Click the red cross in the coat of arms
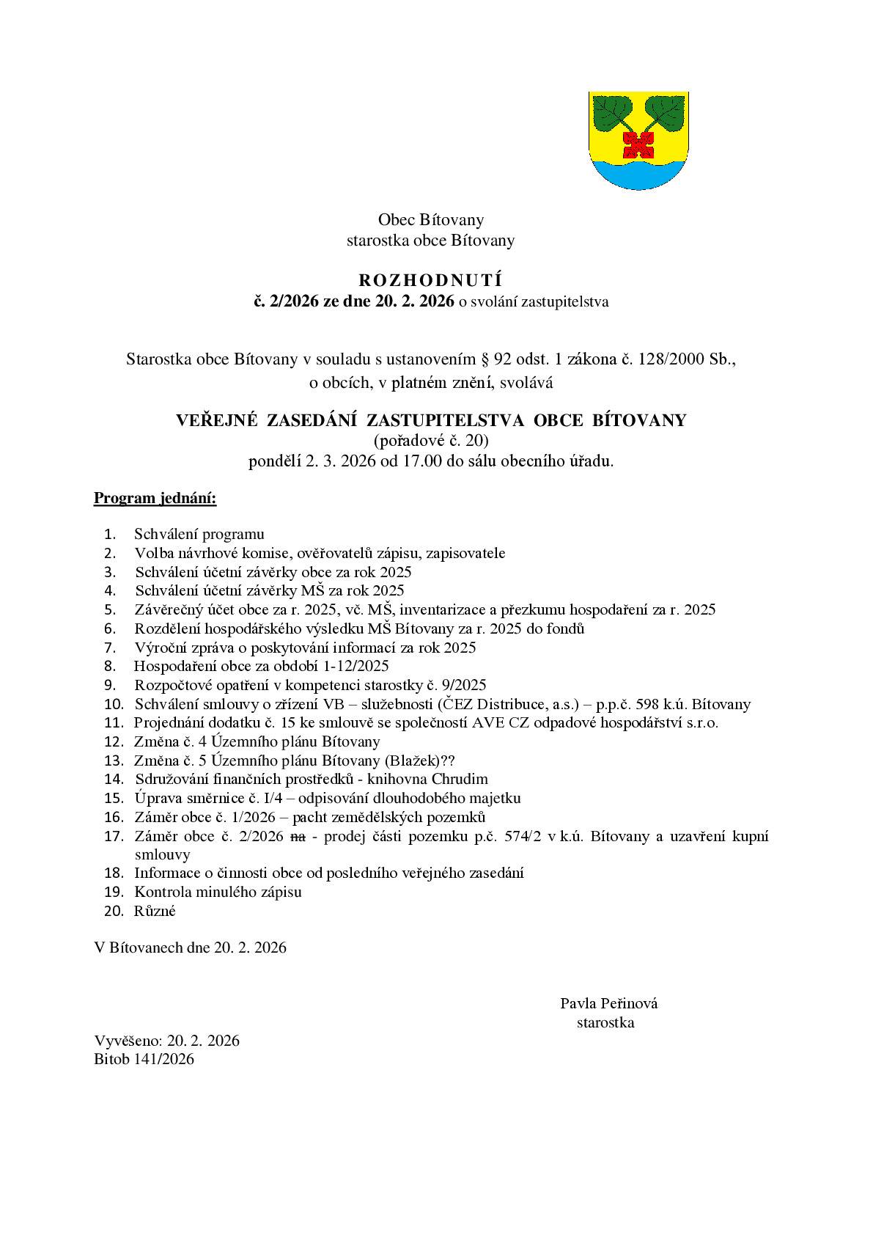[x=638, y=144]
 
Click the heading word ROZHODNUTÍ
[x=430, y=280]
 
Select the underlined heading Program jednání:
[x=155, y=499]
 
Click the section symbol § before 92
[x=484, y=359]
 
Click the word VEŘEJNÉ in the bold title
[x=216, y=420]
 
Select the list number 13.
[x=114, y=761]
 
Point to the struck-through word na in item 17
[x=298, y=836]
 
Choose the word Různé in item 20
[x=155, y=912]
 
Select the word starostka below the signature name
[x=605, y=1022]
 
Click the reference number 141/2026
[x=164, y=1059]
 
